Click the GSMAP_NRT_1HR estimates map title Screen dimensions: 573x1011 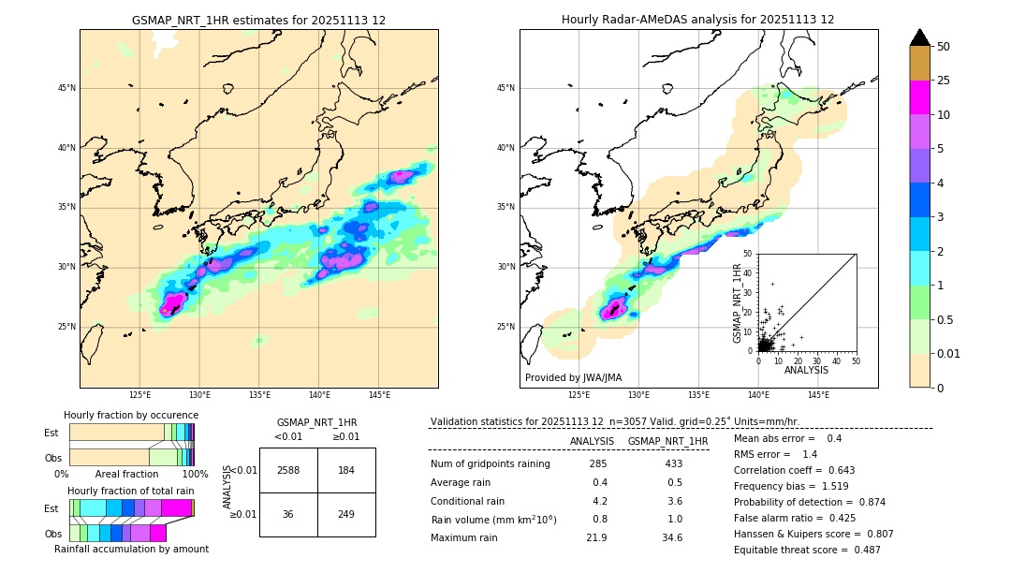point(258,20)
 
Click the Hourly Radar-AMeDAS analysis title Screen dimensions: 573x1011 point(697,20)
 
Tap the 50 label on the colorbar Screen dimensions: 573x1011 point(944,47)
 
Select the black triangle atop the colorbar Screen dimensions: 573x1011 point(920,37)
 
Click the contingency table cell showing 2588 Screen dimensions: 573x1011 point(288,470)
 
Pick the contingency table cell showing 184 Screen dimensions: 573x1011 point(346,470)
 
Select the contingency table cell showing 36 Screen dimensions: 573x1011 point(288,514)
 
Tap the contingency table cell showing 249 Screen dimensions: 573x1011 point(346,514)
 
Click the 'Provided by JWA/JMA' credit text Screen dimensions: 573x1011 point(573,377)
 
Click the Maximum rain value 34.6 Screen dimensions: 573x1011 point(672,537)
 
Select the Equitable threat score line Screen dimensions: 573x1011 point(807,550)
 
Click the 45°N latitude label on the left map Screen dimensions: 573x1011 point(66,88)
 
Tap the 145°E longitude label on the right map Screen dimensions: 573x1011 point(818,395)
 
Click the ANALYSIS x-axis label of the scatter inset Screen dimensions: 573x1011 point(806,371)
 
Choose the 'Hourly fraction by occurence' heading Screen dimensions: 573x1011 point(131,415)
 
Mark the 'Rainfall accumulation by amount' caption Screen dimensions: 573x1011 point(131,549)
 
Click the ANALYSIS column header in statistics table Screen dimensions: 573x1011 point(592,441)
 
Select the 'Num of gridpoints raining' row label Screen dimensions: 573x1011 point(490,463)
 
